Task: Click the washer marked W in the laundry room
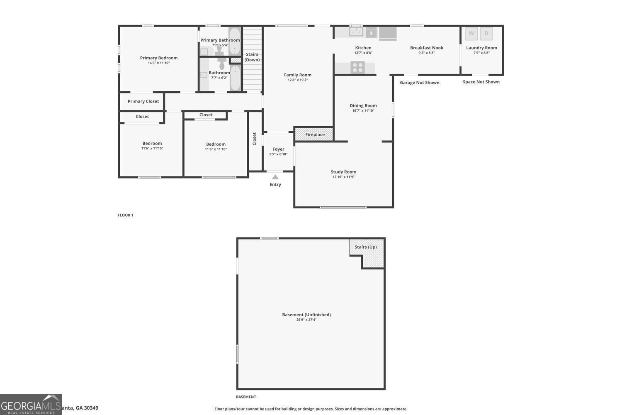tap(471, 33)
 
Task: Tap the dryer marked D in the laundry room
tap(486, 33)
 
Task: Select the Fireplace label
tap(315, 134)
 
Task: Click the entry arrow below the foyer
tap(275, 177)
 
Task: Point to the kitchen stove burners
tap(357, 67)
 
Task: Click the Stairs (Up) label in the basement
tap(366, 247)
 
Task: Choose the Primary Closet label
tap(143, 101)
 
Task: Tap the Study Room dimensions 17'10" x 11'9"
tap(343, 177)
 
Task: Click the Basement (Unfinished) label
tap(306, 315)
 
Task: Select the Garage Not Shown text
tap(419, 83)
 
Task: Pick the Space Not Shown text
tap(481, 82)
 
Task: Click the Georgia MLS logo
tap(31, 405)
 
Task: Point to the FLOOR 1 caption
tap(125, 215)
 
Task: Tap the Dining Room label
tap(363, 105)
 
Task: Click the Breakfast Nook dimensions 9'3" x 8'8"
tap(426, 53)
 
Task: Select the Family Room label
tap(297, 75)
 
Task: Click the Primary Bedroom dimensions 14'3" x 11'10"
tap(158, 63)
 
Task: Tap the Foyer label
tap(278, 149)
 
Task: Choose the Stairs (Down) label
tap(252, 57)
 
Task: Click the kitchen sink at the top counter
tap(356, 32)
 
